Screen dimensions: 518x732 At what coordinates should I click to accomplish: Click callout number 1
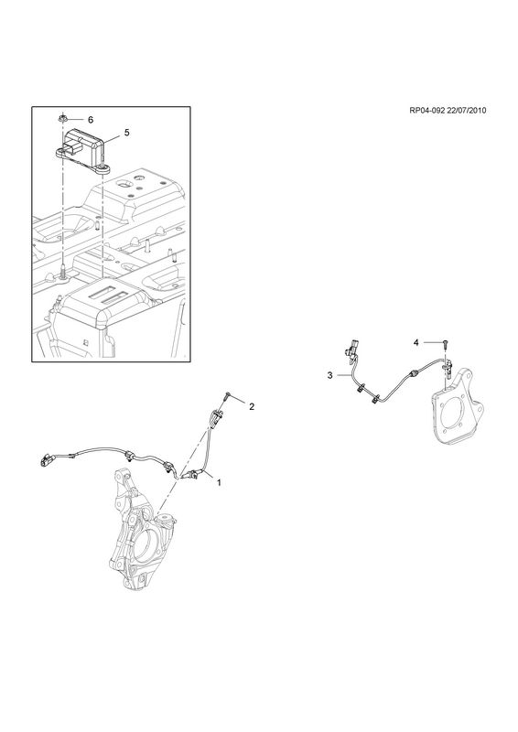click(219, 482)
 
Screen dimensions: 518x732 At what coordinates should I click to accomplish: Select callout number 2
click(252, 407)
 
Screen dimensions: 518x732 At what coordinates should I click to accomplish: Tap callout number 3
click(329, 375)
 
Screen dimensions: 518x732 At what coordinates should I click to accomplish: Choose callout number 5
click(126, 133)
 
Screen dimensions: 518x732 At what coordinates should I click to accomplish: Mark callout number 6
click(91, 120)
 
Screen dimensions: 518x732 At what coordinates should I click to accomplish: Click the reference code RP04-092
click(426, 124)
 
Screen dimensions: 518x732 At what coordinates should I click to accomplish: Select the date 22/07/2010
click(466, 124)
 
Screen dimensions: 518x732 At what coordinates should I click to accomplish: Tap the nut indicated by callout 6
click(62, 119)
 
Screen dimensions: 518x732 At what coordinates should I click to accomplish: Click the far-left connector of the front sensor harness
click(47, 460)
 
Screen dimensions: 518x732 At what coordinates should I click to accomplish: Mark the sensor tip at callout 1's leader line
click(190, 476)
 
